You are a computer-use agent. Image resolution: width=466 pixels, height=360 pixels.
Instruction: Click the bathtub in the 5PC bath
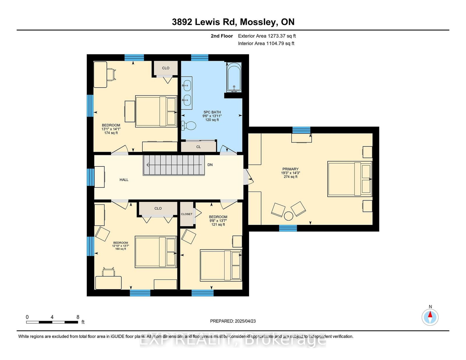[x=234, y=77]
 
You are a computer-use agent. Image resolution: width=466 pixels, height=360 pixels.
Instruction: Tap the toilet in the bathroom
[x=189, y=125]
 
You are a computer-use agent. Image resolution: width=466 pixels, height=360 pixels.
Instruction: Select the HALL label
[x=124, y=180]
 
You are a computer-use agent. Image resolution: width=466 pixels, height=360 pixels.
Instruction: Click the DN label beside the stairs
[x=210, y=165]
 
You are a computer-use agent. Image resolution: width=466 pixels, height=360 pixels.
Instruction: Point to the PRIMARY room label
[x=290, y=169]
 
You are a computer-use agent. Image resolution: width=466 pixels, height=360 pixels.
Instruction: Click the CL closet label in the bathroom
[x=198, y=147]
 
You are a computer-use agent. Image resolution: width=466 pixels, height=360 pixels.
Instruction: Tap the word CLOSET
[x=187, y=214]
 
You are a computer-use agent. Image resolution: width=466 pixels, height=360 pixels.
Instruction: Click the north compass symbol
[x=430, y=317]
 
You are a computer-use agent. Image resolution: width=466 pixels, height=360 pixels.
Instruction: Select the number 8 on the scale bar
[x=78, y=317]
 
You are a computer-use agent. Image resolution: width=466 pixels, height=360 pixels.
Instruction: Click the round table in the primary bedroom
[x=288, y=216]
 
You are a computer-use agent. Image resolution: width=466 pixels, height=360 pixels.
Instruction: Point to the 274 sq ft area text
[x=290, y=177]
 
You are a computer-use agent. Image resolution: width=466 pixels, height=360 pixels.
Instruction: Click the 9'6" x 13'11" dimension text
[x=212, y=116]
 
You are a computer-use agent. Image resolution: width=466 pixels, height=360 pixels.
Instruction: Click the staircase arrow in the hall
[x=174, y=165]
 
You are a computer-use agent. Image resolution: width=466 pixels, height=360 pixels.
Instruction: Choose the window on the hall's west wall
[x=91, y=177]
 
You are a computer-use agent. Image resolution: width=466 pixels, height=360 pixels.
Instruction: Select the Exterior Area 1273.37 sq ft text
[x=267, y=36]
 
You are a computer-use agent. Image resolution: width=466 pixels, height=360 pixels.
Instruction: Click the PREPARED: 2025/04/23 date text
[x=233, y=321]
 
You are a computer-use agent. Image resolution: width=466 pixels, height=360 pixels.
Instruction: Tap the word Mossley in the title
[x=257, y=22]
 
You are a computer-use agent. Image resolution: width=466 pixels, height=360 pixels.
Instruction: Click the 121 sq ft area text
[x=218, y=225]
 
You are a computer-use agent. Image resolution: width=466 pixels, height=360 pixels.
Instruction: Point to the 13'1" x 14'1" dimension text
[x=111, y=129]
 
